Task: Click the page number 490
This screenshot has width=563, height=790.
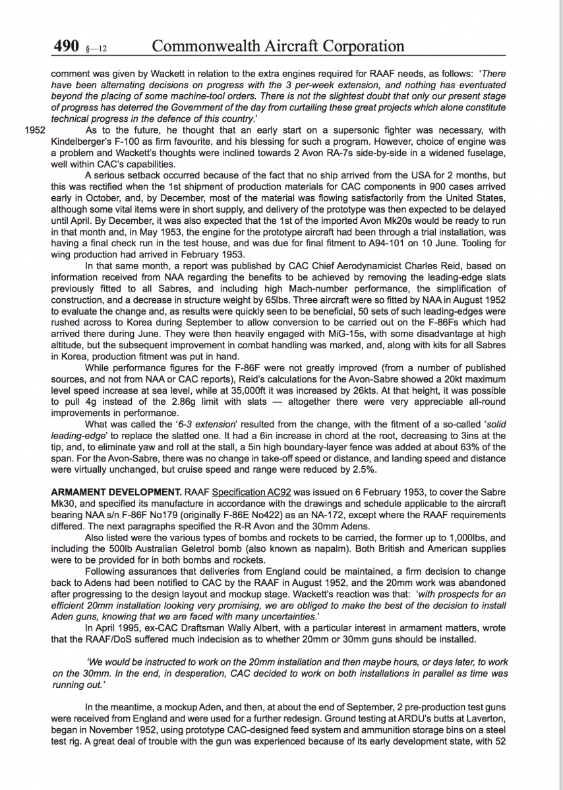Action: click(x=67, y=46)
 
